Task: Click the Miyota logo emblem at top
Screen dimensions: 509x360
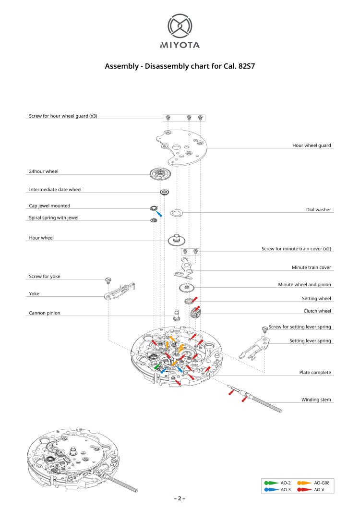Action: [x=180, y=26]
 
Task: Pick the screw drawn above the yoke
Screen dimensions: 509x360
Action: [x=108, y=279]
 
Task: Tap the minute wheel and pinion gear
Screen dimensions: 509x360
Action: [x=186, y=289]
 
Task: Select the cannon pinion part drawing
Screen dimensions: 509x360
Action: [x=176, y=316]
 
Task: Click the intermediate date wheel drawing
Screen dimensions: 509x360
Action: [x=164, y=192]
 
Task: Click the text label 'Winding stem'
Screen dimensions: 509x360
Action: [x=316, y=400]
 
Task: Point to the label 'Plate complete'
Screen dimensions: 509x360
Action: [x=315, y=373]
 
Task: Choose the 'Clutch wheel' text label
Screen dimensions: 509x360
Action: [x=317, y=311]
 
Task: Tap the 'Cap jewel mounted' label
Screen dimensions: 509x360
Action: [x=49, y=206]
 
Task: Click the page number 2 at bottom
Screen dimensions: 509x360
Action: [x=180, y=498]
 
